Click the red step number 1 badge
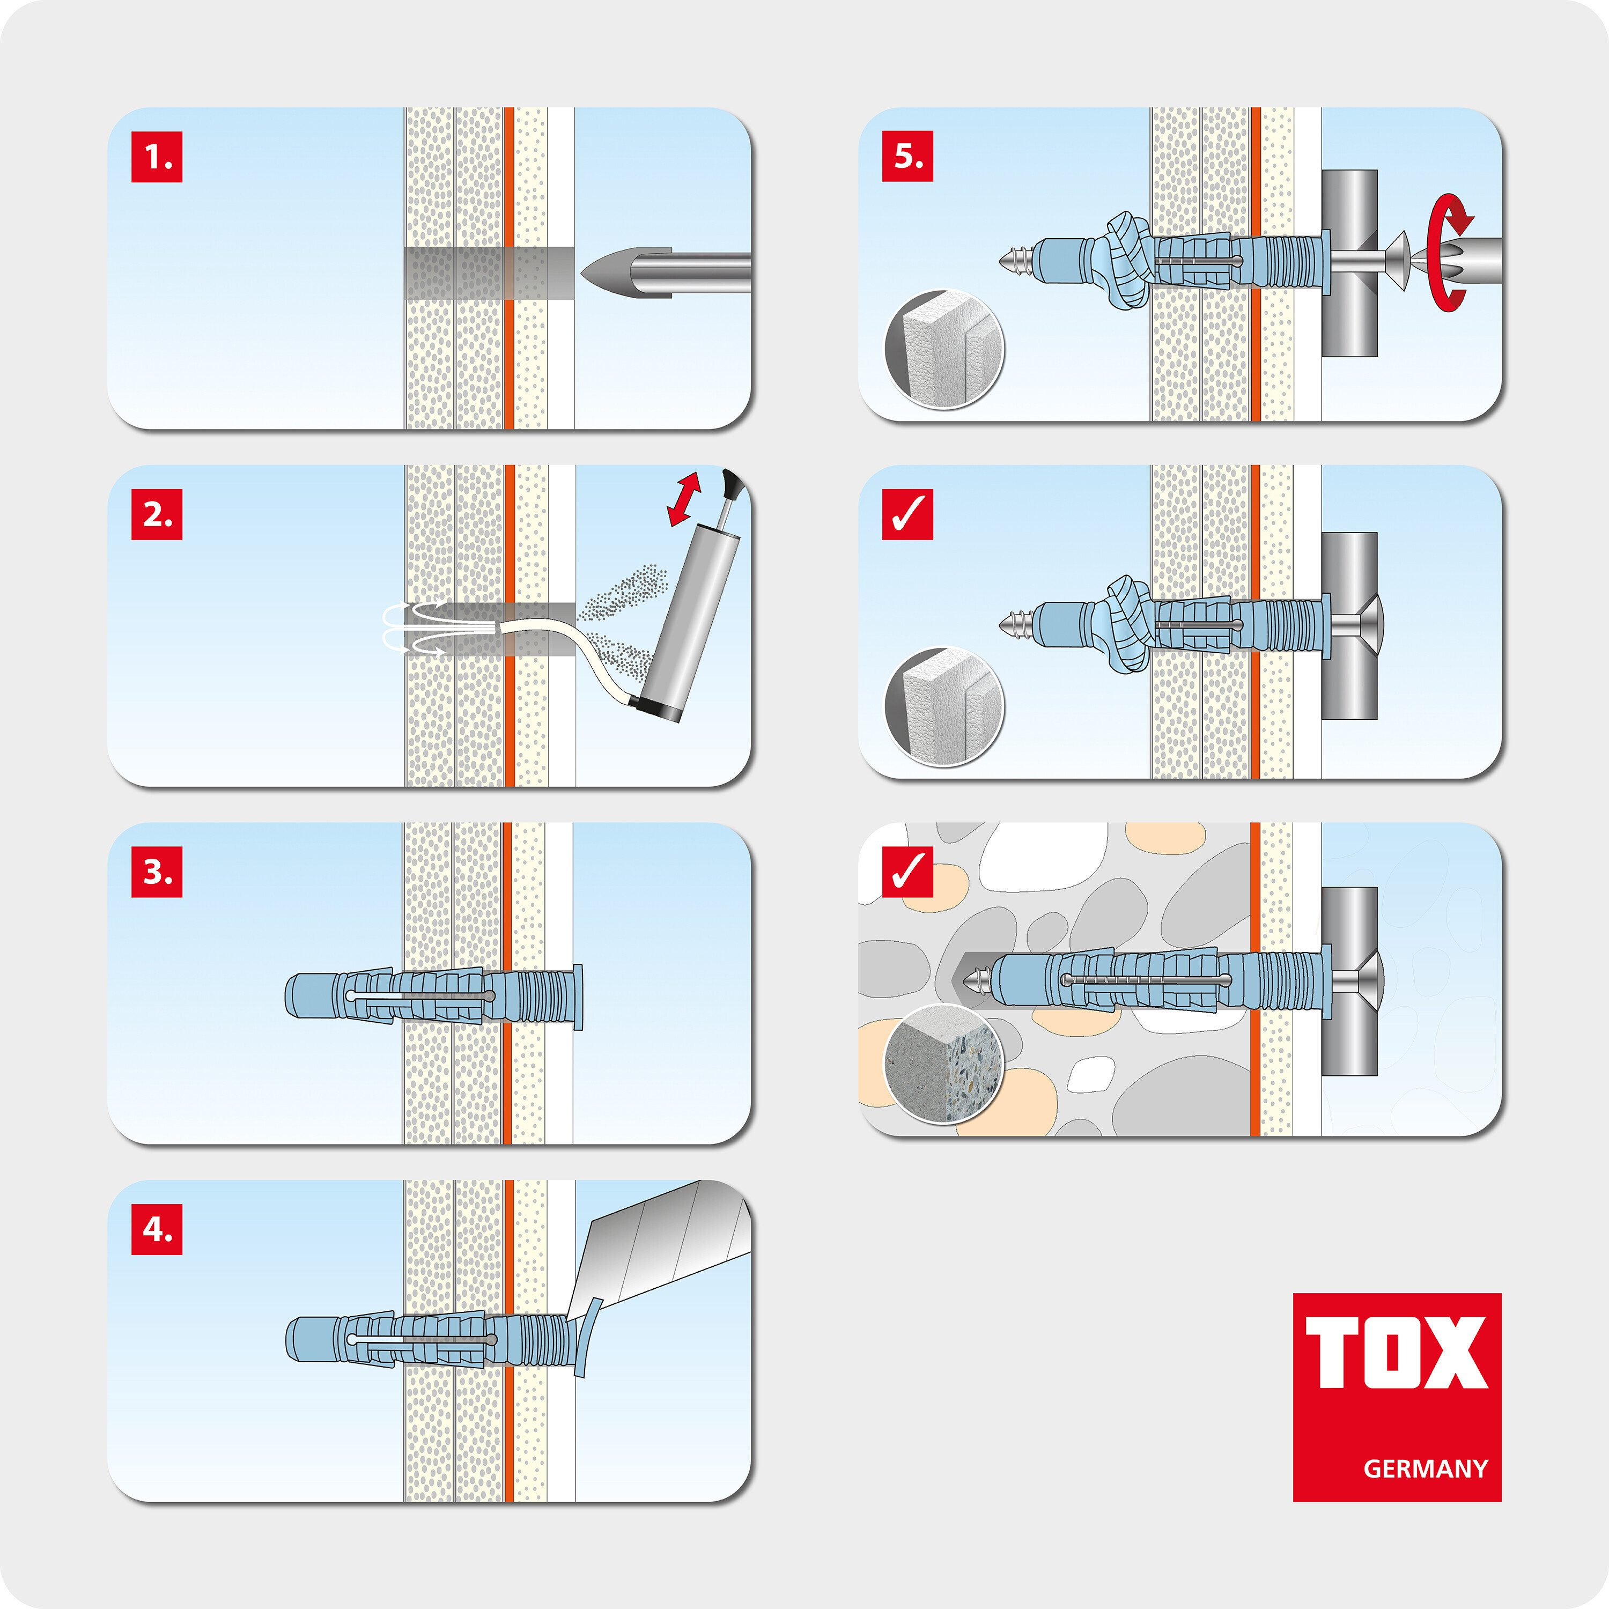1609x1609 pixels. pos(157,157)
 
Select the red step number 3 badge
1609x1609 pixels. pos(157,872)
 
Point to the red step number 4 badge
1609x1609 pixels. pos(157,1229)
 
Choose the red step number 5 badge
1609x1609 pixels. pos(908,156)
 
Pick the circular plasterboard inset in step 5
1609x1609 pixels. pos(944,350)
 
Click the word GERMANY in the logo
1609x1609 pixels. pos(1425,1468)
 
